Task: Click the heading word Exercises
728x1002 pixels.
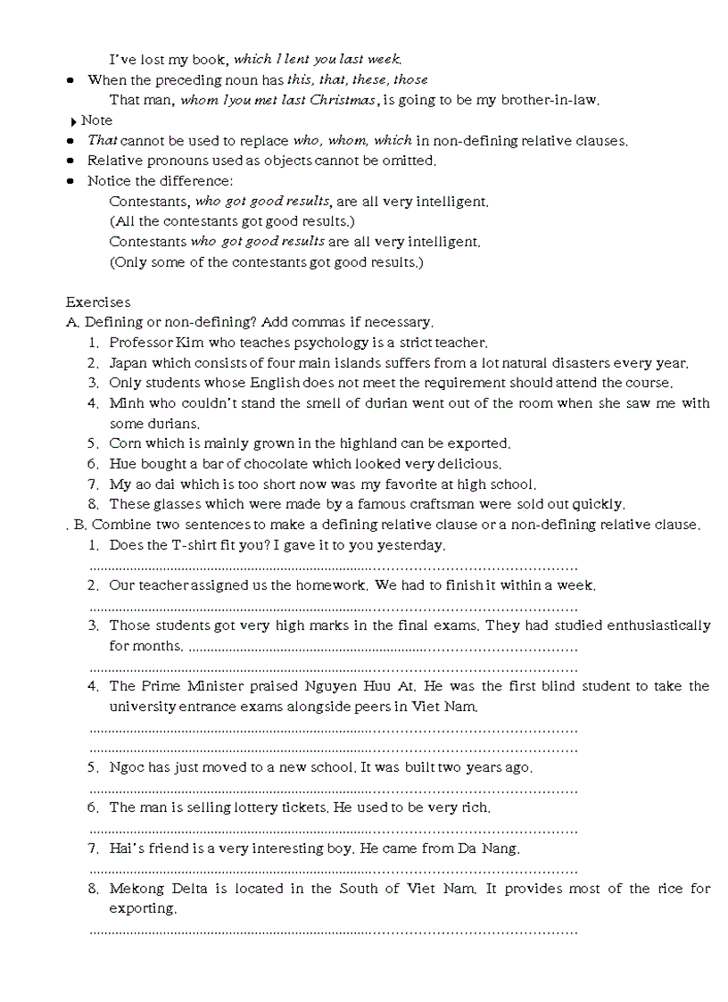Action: coord(97,302)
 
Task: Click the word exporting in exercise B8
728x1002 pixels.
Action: coord(142,908)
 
